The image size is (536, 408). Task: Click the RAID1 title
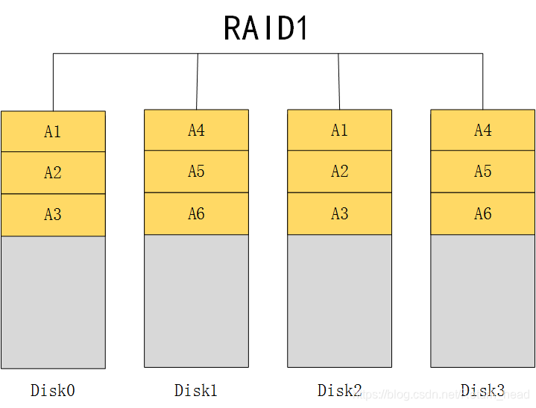click(x=266, y=28)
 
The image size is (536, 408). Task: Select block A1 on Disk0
click(x=53, y=132)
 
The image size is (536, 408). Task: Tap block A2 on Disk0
click(x=53, y=173)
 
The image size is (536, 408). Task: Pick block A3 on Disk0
click(x=53, y=215)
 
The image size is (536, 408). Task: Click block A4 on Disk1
click(x=196, y=131)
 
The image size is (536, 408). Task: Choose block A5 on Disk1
click(x=196, y=172)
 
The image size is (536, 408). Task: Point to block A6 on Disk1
click(x=196, y=214)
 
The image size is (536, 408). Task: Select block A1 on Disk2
click(x=339, y=131)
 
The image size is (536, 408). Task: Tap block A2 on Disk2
click(x=339, y=172)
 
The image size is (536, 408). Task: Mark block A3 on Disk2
click(x=339, y=214)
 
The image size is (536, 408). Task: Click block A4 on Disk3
click(x=482, y=131)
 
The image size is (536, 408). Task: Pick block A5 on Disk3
click(x=482, y=172)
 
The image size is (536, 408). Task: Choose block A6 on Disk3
click(x=482, y=214)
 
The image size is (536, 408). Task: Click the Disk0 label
click(x=53, y=390)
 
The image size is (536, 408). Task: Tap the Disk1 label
click(x=196, y=390)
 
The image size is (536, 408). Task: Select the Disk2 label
click(x=339, y=390)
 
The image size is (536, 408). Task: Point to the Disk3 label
click(x=482, y=390)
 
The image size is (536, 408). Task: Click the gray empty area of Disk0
click(x=53, y=302)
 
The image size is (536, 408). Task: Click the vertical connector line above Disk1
click(x=197, y=82)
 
